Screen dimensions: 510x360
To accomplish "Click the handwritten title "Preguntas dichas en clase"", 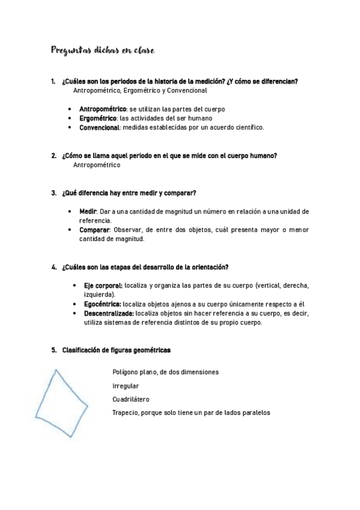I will click(x=103, y=52).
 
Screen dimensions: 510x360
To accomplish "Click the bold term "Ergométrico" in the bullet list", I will click(x=98, y=118).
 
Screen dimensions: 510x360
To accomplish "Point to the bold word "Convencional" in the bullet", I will click(x=100, y=127).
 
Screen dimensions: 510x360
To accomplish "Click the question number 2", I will click(x=53, y=156).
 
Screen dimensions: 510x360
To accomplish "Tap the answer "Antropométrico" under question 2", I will click(x=96, y=165).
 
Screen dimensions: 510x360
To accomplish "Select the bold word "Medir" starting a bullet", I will click(x=87, y=212).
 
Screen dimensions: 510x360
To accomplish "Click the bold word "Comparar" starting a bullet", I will click(x=94, y=230).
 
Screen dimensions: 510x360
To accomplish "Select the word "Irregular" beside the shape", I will click(x=125, y=386).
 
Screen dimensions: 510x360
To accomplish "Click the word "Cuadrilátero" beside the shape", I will click(x=130, y=399).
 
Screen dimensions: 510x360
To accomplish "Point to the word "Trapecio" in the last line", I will click(x=126, y=413).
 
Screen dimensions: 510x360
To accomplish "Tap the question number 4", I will click(x=53, y=267).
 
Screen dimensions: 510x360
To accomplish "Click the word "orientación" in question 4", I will click(x=208, y=267).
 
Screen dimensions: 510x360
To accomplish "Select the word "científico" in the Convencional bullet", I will click(x=248, y=127).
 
